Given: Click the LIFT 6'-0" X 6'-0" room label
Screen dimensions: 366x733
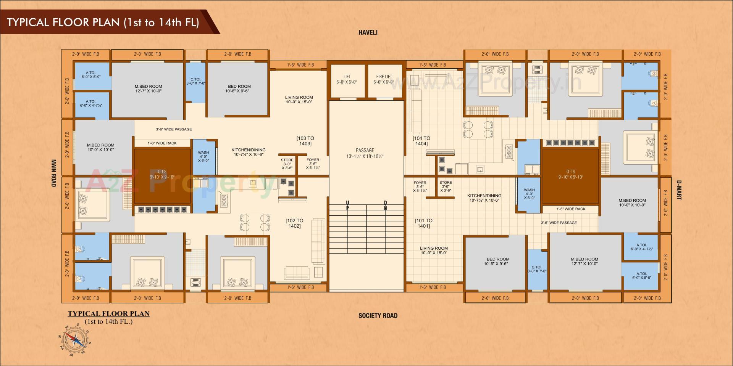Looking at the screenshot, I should click(x=347, y=79).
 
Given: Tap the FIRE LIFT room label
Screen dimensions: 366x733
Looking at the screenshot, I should click(x=384, y=79).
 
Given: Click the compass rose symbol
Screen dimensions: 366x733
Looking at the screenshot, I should click(x=75, y=339).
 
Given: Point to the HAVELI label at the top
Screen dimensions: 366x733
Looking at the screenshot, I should click(x=368, y=33).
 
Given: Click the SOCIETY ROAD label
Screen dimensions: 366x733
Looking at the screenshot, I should click(x=378, y=316).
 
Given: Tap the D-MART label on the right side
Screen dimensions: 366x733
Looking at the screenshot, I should click(x=679, y=190).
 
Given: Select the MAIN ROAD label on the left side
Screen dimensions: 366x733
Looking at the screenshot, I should click(x=54, y=173).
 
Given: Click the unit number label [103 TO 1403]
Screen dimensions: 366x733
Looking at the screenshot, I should click(x=305, y=141).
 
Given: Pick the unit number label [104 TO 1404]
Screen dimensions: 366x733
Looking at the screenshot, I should click(x=421, y=141).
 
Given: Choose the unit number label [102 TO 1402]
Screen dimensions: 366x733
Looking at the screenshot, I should click(x=294, y=223).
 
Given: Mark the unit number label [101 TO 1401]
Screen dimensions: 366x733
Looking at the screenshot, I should click(x=423, y=223).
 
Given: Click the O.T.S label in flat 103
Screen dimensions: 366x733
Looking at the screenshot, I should click(x=162, y=174).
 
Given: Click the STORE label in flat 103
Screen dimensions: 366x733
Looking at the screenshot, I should click(x=287, y=164).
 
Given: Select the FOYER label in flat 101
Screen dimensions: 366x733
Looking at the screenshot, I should click(x=420, y=186).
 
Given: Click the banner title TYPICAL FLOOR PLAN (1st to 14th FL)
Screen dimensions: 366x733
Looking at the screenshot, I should click(x=103, y=22).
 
